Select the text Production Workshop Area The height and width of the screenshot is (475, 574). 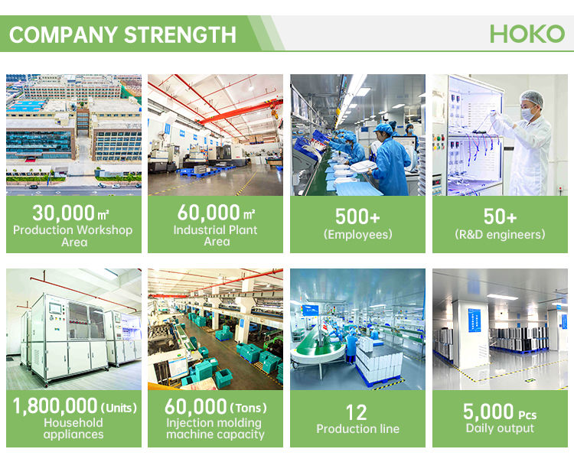[x=73, y=236]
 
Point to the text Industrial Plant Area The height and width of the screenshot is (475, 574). [x=216, y=236]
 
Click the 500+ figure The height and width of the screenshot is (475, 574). [x=357, y=217]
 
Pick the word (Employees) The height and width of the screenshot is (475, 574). [x=357, y=235]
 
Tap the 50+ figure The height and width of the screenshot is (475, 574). [x=500, y=217]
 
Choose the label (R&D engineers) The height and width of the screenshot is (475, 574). [x=500, y=235]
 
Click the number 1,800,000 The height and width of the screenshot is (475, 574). [x=55, y=406]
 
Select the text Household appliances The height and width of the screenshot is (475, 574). [x=73, y=428]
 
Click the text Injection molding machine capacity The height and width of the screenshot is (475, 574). [x=215, y=428]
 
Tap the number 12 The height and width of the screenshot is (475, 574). [x=357, y=412]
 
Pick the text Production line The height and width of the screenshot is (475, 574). [x=357, y=428]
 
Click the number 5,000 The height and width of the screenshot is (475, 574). [x=487, y=412]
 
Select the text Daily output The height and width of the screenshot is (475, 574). [x=500, y=428]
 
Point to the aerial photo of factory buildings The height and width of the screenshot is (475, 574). [x=73, y=134]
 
